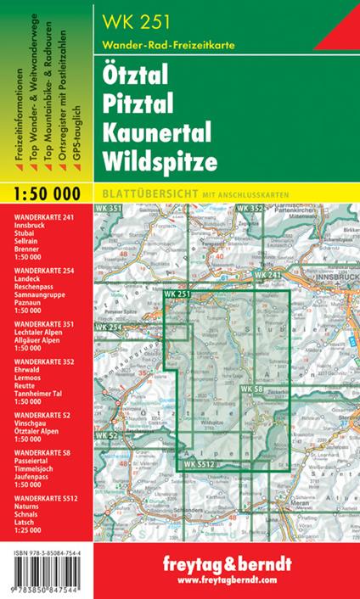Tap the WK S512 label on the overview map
pyautogui.click(x=201, y=464)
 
